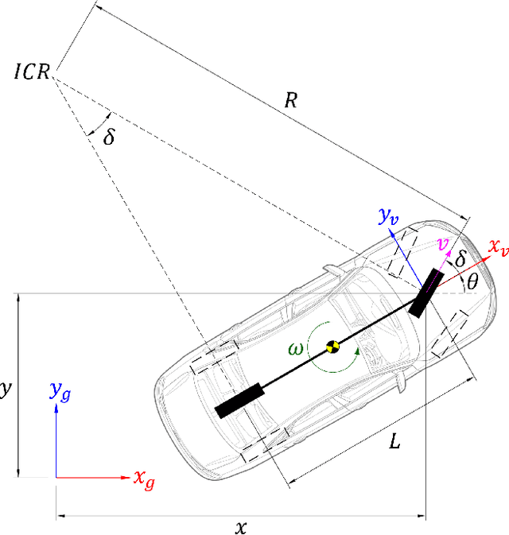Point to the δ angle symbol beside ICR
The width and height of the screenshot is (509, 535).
tap(109, 136)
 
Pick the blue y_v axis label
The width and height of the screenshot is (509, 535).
tap(390, 216)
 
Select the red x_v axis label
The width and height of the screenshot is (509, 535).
tap(497, 250)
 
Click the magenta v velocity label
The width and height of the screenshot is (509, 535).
tap(445, 243)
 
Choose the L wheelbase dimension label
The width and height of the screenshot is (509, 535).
tap(394, 441)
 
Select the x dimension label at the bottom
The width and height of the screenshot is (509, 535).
tap(240, 526)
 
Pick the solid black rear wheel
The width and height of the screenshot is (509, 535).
tap(239, 401)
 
